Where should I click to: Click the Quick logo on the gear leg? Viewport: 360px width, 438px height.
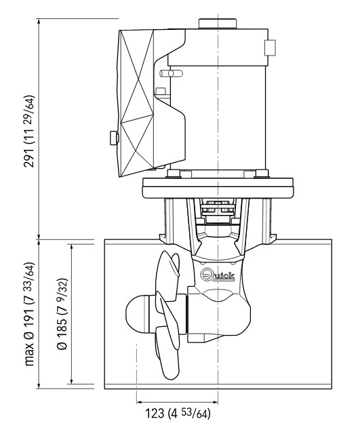click(218, 275)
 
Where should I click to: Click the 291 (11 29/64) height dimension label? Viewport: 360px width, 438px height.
click(29, 132)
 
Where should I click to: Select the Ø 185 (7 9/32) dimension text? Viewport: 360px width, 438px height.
click(62, 314)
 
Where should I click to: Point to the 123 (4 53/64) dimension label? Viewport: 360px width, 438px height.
click(178, 413)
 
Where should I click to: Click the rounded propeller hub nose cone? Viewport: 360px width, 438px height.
click(136, 314)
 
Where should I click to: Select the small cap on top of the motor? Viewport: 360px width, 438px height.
click(218, 24)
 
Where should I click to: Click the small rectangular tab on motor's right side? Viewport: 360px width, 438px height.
click(270, 47)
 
